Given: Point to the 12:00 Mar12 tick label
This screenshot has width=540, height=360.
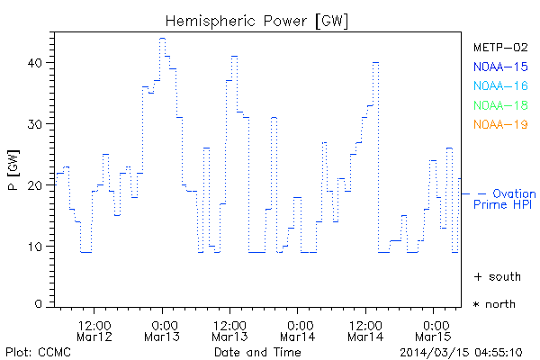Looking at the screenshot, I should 94,329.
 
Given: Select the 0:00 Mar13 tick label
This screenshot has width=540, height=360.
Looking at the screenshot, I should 163,329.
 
